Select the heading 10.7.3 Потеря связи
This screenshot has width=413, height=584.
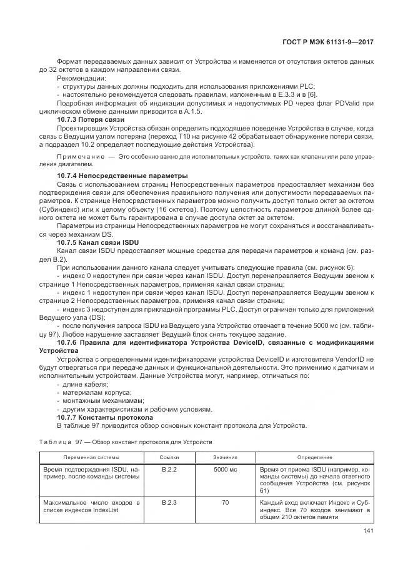coord(91,119)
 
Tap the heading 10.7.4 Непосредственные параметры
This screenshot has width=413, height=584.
coord(113,176)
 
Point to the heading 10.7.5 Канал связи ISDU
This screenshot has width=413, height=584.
coord(97,241)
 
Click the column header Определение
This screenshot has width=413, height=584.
coord(314,457)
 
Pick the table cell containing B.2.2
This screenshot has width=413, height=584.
coord(169,469)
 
